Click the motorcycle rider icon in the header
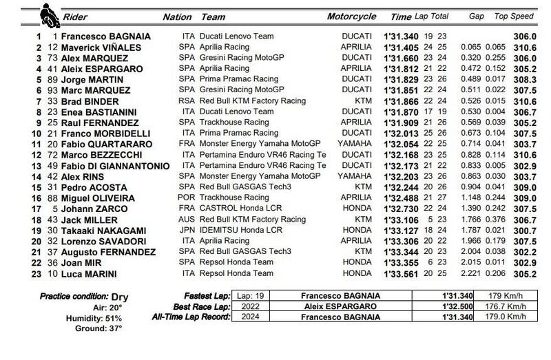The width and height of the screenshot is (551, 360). tap(50, 14)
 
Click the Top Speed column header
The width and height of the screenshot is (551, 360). tap(514, 17)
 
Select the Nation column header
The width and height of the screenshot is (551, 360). tap(177, 17)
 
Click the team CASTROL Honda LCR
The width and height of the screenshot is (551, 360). tap(238, 207)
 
